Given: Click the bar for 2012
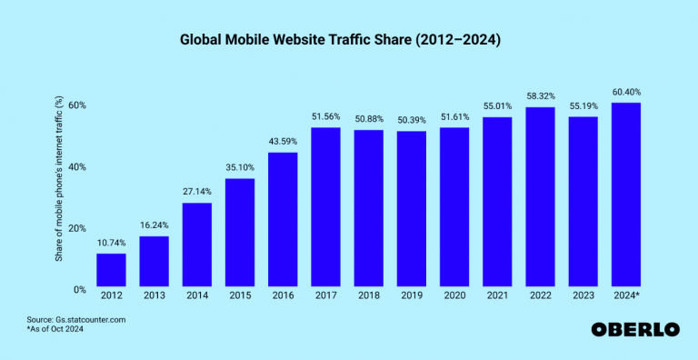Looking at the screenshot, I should point(111,271).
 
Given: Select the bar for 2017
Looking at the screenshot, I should point(325,208).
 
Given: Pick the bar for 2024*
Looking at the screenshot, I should point(626,195).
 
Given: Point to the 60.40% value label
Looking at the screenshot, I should point(626,92).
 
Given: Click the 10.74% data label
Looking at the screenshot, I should point(111,243).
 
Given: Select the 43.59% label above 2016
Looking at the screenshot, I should point(283,142).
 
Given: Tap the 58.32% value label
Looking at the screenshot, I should point(540,96).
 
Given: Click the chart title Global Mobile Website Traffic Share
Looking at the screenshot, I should point(349,41).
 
